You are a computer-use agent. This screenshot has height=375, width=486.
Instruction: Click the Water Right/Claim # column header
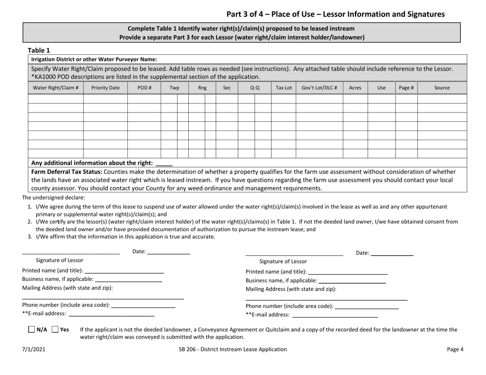[x=56, y=87]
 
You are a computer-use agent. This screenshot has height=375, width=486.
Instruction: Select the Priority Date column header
[x=105, y=87]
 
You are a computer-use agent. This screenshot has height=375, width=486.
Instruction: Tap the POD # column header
[x=144, y=87]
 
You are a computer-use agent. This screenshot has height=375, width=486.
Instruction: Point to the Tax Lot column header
[x=283, y=87]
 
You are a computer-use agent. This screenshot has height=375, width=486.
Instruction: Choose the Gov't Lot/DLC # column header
[x=319, y=87]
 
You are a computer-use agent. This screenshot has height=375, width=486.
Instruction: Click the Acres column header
[x=355, y=87]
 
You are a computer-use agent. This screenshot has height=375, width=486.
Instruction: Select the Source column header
[x=442, y=87]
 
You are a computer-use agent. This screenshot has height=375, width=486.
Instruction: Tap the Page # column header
[x=406, y=87]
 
